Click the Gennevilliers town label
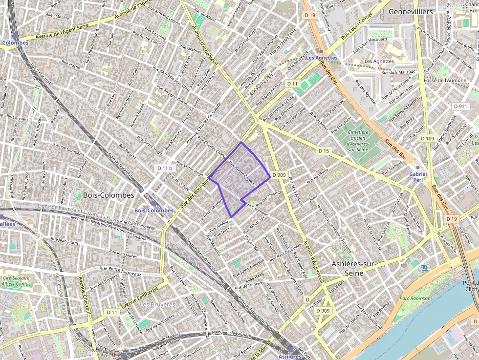(x=410, y=11)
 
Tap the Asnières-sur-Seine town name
(x=354, y=268)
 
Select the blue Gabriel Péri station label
(x=418, y=177)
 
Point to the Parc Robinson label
(x=415, y=298)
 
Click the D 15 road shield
(x=323, y=150)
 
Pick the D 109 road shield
(x=427, y=139)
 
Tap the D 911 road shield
(x=460, y=106)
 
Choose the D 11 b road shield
(x=165, y=168)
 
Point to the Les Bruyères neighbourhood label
(x=157, y=304)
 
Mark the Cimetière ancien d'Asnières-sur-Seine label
(x=357, y=138)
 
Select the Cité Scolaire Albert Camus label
(x=17, y=281)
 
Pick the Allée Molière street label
(x=57, y=16)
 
